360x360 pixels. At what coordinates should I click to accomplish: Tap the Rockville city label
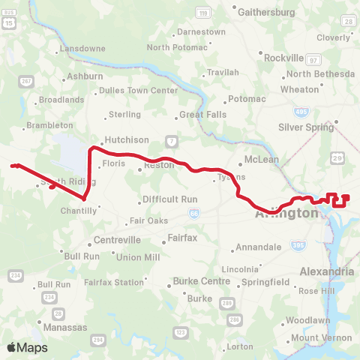tap(283, 57)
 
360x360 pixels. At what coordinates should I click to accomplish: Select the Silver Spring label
tap(305, 127)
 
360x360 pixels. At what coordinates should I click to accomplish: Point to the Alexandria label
tap(326, 271)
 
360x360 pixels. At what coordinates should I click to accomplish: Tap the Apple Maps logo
tap(27, 346)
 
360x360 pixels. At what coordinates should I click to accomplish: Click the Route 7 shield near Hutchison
tap(172, 141)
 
